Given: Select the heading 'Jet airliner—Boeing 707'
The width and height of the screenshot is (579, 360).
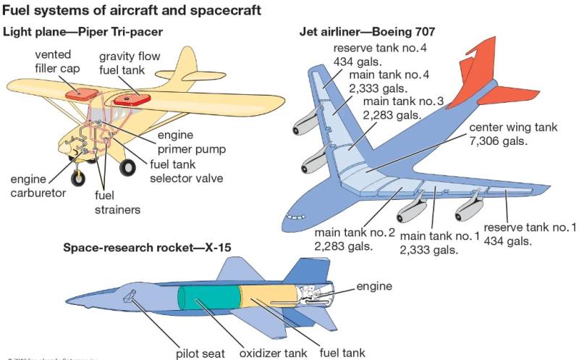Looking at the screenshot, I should [x=367, y=33].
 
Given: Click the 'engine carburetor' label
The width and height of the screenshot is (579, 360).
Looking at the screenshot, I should [x=38, y=186].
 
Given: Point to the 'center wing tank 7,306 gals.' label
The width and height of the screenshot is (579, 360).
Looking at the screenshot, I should [x=513, y=134].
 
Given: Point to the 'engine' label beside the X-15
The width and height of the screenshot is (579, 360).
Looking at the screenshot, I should [x=374, y=287].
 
